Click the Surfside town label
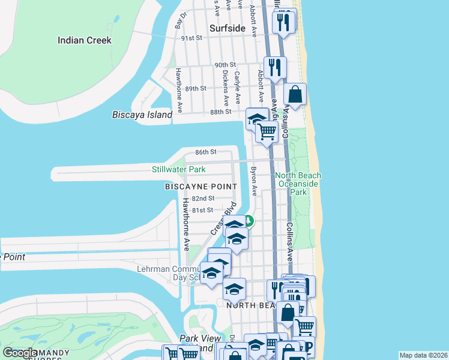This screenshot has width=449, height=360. tap(228, 28)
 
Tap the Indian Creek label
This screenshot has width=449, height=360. tap(85, 40)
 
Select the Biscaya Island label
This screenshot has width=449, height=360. tap(142, 115)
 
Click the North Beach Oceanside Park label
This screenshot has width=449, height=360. tap(298, 184)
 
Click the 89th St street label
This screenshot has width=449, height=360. tap(196, 88)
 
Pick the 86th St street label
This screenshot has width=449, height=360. tap(206, 152)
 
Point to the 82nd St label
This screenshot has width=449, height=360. tap(203, 198)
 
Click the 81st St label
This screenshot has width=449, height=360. tap(202, 210)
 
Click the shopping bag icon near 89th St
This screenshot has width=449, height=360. tap(295, 95)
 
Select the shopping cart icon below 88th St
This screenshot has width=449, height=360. tap(267, 131)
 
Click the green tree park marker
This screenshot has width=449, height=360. tap(249, 221)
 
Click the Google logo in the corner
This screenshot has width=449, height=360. tap(20, 353)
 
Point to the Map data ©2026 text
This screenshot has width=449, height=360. tap(423, 355)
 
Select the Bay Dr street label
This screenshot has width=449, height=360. tap(178, 22)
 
